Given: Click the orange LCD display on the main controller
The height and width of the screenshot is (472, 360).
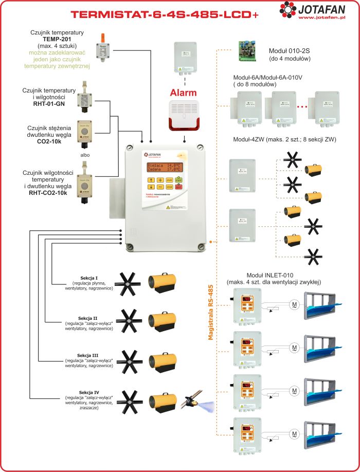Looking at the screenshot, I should [x=165, y=167].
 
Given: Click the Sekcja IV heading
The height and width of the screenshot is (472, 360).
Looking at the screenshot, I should [x=94, y=392].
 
